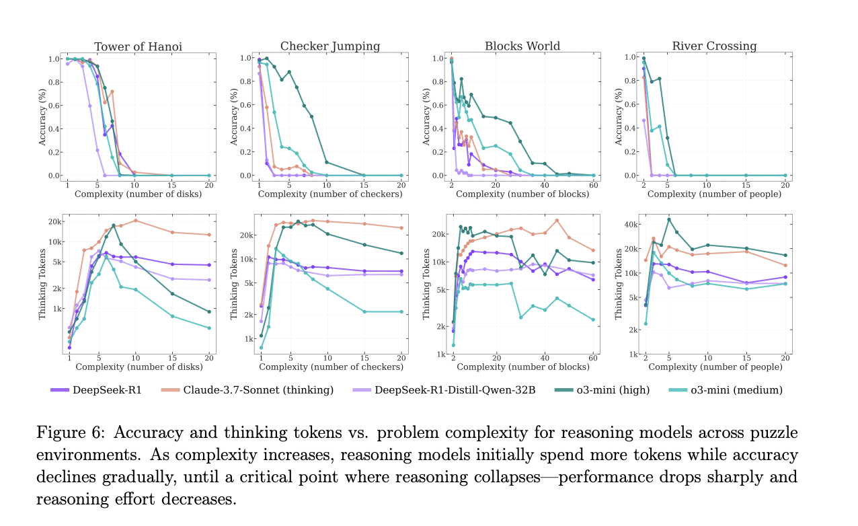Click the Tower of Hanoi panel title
[x=138, y=46]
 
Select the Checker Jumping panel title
[x=330, y=46]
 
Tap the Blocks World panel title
[x=522, y=46]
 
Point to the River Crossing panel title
[x=714, y=46]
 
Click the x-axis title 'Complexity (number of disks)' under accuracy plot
[x=138, y=194]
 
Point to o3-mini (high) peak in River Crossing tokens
[x=668, y=219]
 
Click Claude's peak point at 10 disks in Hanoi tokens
[x=136, y=221]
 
